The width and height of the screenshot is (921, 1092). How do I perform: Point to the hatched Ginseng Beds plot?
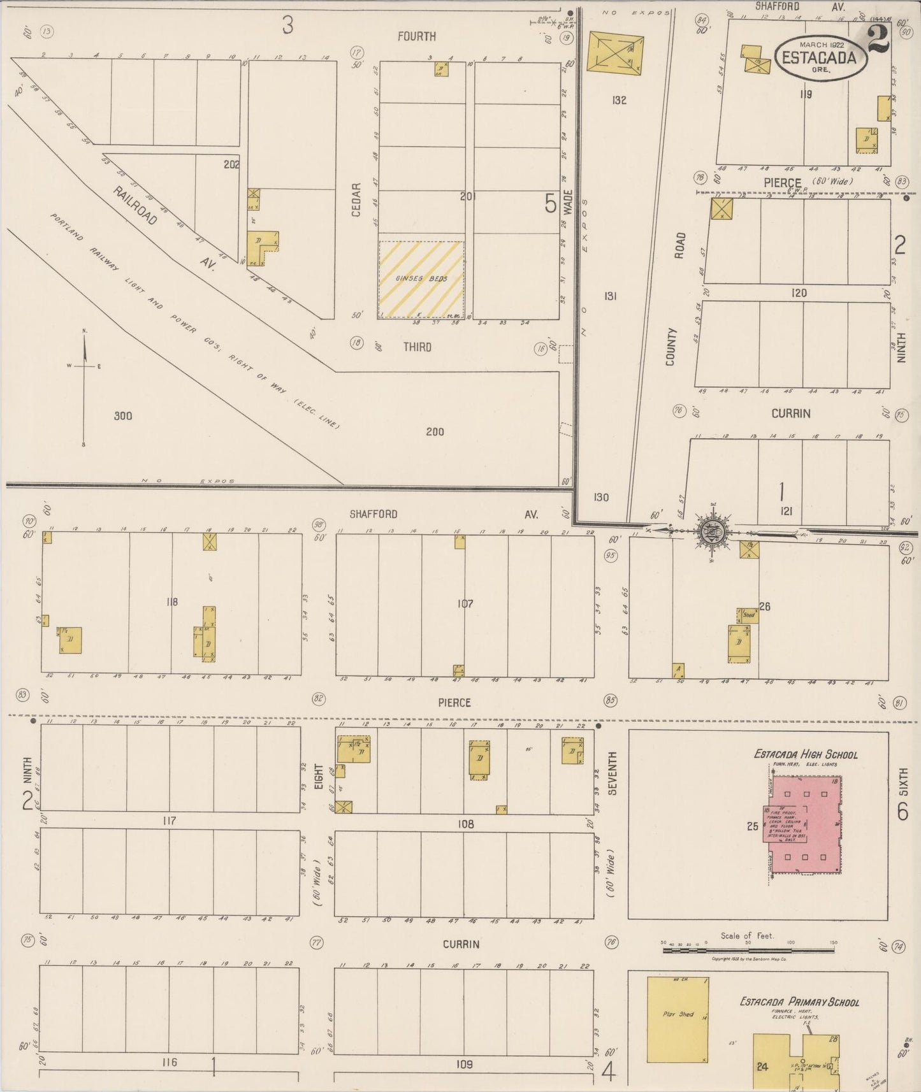pos(421,279)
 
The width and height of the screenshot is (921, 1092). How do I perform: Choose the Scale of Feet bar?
pos(748,949)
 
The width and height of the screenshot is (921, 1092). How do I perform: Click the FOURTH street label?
pos(417,37)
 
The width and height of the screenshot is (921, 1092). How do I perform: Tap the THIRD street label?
pos(417,347)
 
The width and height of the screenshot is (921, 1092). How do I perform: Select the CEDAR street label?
pos(356,199)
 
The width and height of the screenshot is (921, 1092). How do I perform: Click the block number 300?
pos(123,416)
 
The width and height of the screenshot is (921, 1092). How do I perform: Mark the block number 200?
pos(435,432)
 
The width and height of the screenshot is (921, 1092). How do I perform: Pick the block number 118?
pos(171,601)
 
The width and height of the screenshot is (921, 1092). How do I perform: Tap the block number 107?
pos(465,603)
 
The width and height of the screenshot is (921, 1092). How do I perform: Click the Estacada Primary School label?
pos(799,1002)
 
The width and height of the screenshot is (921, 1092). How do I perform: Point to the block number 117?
pos(169,821)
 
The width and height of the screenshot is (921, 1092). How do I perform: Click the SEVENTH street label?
pos(612,773)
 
